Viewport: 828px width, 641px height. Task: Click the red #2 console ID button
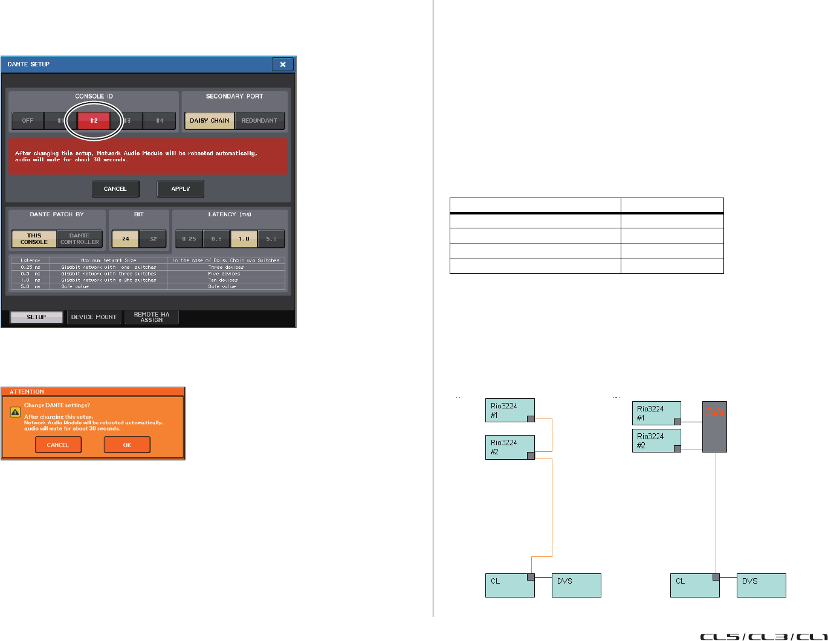94,120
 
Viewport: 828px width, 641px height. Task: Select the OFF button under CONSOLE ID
28,120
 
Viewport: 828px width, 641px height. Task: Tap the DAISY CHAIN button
209,120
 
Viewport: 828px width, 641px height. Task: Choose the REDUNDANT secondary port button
259,120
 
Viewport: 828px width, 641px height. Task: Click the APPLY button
180,188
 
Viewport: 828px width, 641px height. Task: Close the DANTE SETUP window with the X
282,64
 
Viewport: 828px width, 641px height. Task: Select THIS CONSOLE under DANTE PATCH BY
34,239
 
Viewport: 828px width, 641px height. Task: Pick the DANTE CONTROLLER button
80,239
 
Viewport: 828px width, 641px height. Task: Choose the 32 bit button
153,239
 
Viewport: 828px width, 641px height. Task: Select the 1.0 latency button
244,239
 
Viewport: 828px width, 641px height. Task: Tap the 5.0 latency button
271,239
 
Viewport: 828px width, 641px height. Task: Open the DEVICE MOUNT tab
94,317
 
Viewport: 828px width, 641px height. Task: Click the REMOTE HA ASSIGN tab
152,317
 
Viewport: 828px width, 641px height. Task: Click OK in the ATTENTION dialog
127,445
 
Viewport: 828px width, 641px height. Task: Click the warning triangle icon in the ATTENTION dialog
16,412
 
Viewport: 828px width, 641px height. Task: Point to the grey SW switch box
714,427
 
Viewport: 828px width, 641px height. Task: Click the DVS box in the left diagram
576,585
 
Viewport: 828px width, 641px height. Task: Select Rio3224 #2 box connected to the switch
656,440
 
